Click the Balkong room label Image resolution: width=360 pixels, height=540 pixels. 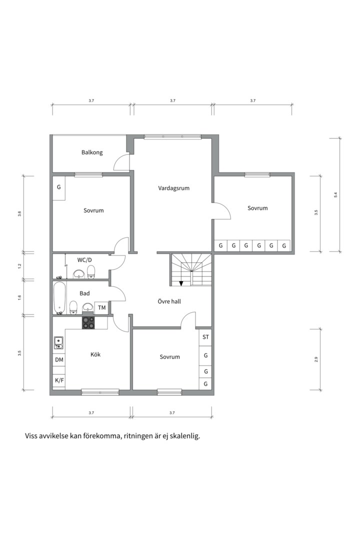point(92,152)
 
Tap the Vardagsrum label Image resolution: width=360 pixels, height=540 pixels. point(173,188)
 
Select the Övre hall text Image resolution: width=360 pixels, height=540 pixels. point(169,301)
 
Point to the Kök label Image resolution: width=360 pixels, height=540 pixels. point(95,354)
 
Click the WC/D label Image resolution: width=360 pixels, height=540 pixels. point(84,260)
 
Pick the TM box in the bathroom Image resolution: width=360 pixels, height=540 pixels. point(101,308)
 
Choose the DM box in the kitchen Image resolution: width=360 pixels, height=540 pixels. point(59,360)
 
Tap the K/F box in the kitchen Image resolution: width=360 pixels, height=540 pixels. point(59,380)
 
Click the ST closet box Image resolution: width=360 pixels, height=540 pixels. point(205,337)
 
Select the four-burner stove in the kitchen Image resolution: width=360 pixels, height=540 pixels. point(88,323)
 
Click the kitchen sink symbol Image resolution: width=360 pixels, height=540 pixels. point(58,342)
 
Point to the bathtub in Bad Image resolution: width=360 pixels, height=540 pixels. point(59,298)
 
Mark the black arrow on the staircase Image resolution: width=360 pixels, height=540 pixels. point(181,283)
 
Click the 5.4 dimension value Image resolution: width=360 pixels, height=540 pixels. point(335,194)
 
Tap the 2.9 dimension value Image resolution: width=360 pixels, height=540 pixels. point(316,359)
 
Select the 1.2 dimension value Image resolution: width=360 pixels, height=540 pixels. point(19,265)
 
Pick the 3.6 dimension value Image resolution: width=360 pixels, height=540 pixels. point(19,213)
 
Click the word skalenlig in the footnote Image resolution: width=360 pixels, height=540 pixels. point(184,436)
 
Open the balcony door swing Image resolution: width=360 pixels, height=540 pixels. point(121,163)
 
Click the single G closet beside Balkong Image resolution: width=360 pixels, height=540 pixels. point(59,187)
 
